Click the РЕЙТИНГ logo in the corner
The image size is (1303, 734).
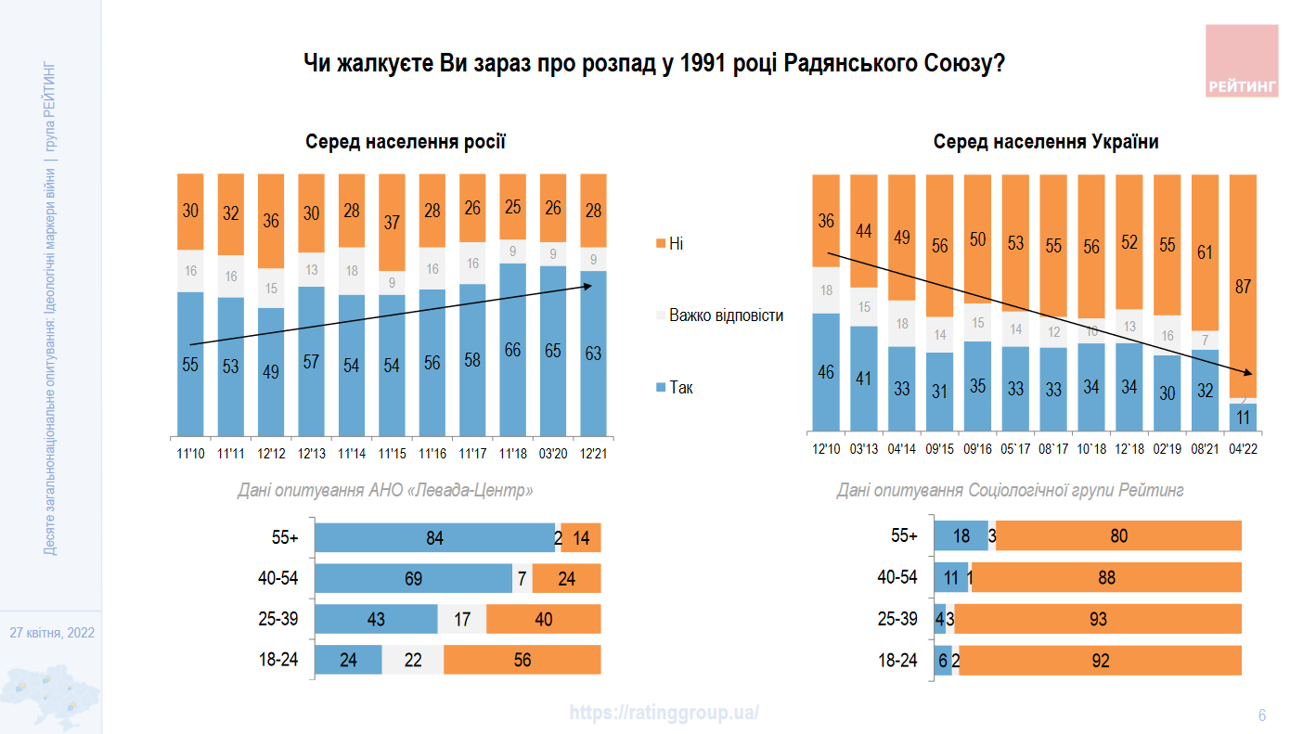tap(1242, 61)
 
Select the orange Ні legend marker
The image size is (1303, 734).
tap(660, 243)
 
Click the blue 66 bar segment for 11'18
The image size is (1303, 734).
tap(513, 350)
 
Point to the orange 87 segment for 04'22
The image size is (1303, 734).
tap(1244, 286)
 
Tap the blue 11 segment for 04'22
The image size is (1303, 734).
tap(1244, 416)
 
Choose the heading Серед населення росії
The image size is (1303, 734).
tap(406, 142)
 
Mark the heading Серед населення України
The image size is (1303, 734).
tap(1046, 142)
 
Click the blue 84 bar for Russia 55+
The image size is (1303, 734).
tap(434, 537)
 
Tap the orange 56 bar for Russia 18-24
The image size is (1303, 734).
tap(522, 660)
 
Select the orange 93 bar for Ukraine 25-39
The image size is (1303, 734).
tap(1098, 619)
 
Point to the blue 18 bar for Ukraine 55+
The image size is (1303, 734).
tap(961, 536)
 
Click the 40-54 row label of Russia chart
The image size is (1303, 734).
tap(278, 578)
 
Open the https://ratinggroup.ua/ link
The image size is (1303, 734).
tap(664, 713)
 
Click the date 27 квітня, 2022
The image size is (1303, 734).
tap(52, 633)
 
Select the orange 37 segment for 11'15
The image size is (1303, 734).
tap(393, 223)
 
